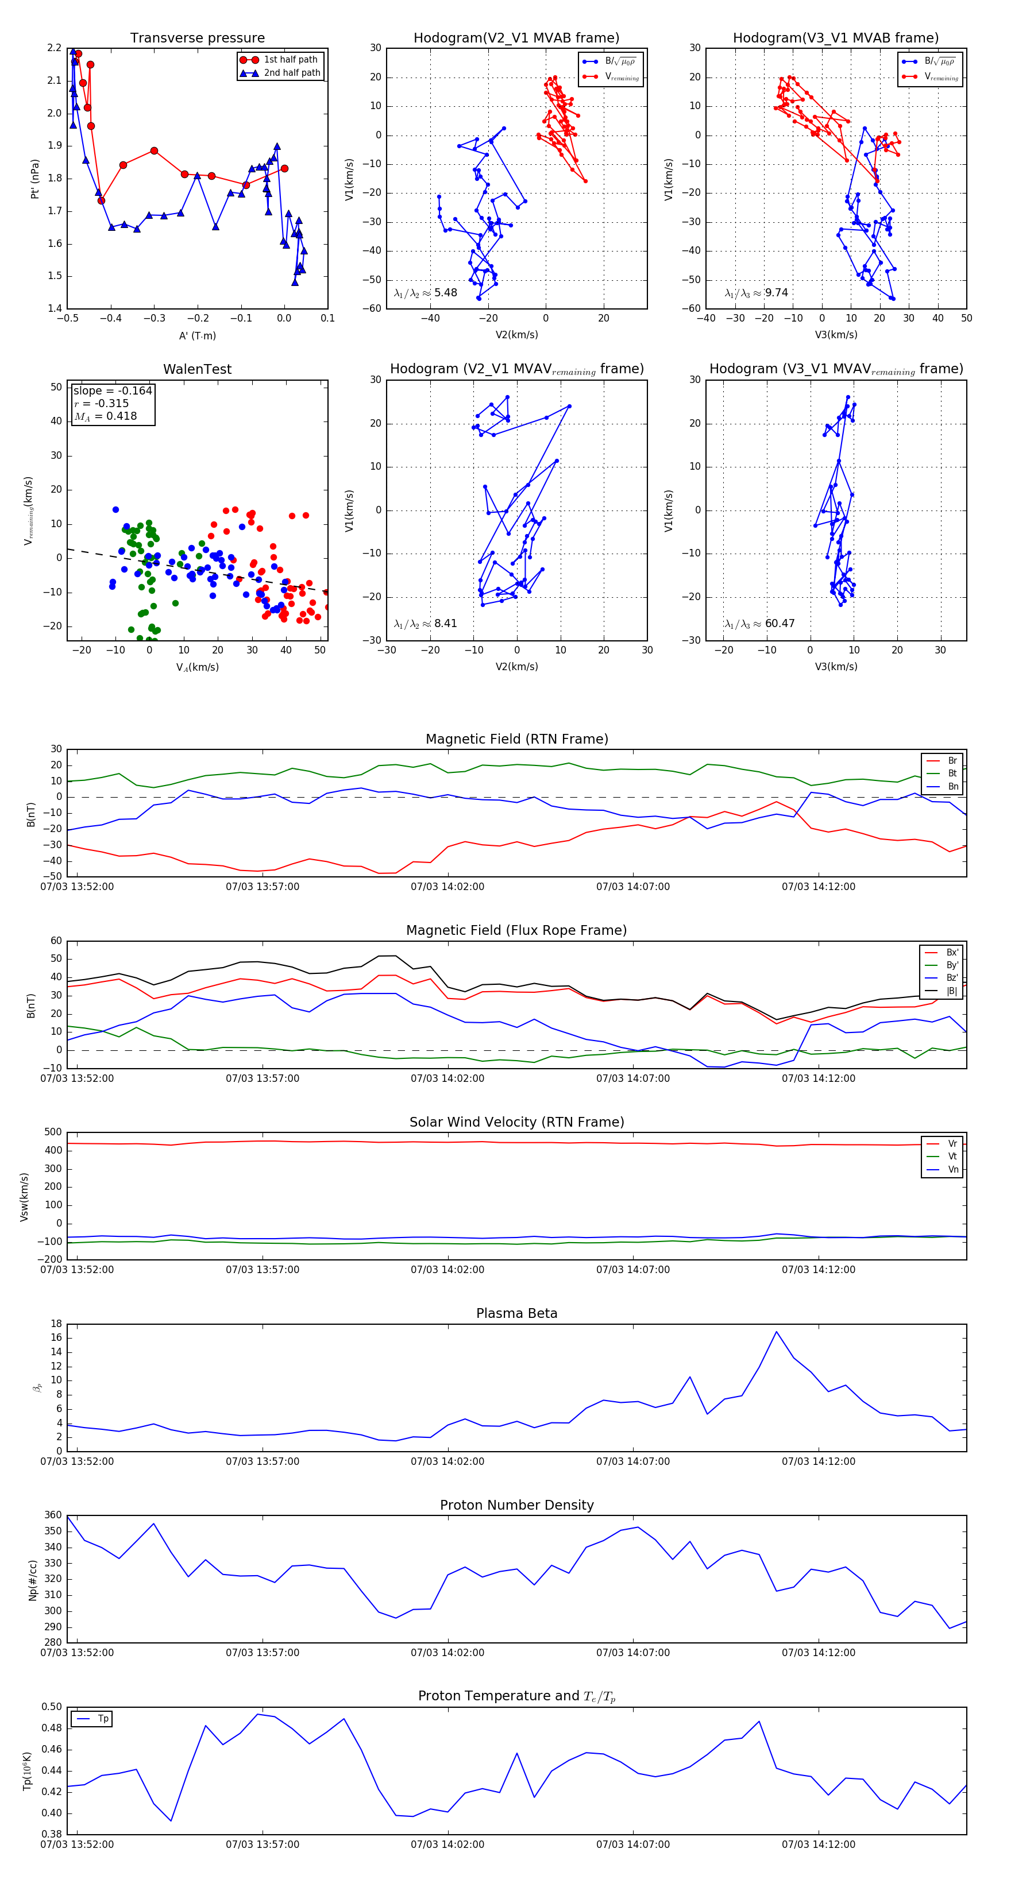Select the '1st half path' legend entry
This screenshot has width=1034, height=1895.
pyautogui.click(x=290, y=60)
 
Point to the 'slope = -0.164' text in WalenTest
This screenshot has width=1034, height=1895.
pyautogui.click(x=113, y=390)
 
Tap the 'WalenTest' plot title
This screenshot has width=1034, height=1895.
pyautogui.click(x=197, y=369)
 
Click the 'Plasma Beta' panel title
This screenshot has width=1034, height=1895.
pyautogui.click(x=516, y=1313)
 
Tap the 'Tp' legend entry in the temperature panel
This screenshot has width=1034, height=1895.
pyautogui.click(x=102, y=1719)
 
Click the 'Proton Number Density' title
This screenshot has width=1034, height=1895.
pyautogui.click(x=516, y=1505)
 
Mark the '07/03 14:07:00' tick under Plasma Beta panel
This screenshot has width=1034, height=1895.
pyautogui.click(x=633, y=1461)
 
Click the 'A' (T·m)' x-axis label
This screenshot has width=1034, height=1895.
pyautogui.click(x=197, y=335)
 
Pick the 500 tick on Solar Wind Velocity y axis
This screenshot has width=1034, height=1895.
pyautogui.click(x=53, y=1132)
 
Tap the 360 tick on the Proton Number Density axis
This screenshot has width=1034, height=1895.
pyautogui.click(x=53, y=1515)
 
